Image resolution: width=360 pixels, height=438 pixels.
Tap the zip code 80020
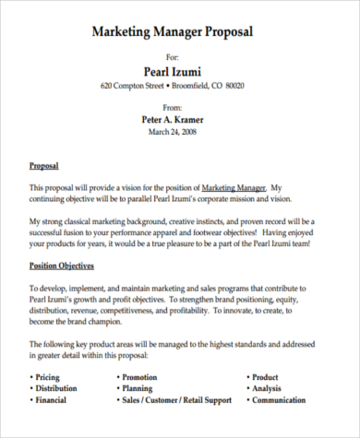[234, 87]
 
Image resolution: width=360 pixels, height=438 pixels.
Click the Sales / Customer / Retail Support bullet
[175, 399]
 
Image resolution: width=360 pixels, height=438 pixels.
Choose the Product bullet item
[265, 376]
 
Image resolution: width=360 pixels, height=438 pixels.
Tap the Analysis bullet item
[267, 387]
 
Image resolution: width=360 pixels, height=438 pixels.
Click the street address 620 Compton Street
[132, 87]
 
